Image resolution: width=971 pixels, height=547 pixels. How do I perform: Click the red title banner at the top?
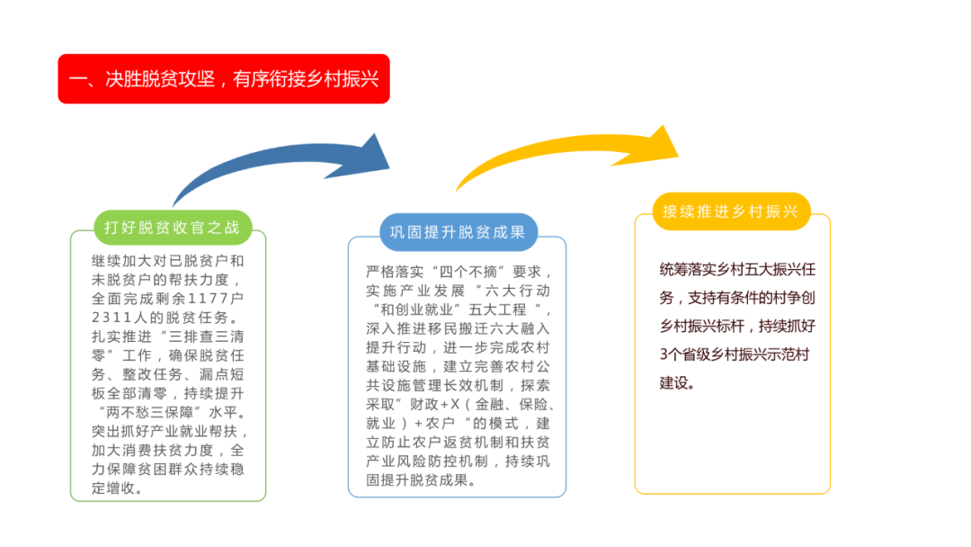click(224, 78)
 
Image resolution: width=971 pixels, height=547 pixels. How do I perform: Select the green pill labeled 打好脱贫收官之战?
click(173, 228)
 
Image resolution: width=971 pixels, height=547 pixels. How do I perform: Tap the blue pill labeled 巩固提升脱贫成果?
click(459, 232)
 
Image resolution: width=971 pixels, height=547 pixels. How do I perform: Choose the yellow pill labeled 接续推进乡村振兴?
click(731, 211)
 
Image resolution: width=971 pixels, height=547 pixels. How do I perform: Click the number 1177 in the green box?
click(209, 299)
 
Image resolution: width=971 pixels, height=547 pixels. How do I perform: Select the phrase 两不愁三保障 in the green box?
click(152, 413)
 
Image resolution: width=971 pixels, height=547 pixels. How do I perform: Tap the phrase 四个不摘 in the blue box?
click(468, 272)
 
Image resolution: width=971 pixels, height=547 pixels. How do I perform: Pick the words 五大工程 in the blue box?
click(497, 309)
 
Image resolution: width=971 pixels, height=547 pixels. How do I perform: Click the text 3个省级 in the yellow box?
click(684, 355)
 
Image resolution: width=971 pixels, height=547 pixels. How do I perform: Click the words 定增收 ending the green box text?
click(113, 489)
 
